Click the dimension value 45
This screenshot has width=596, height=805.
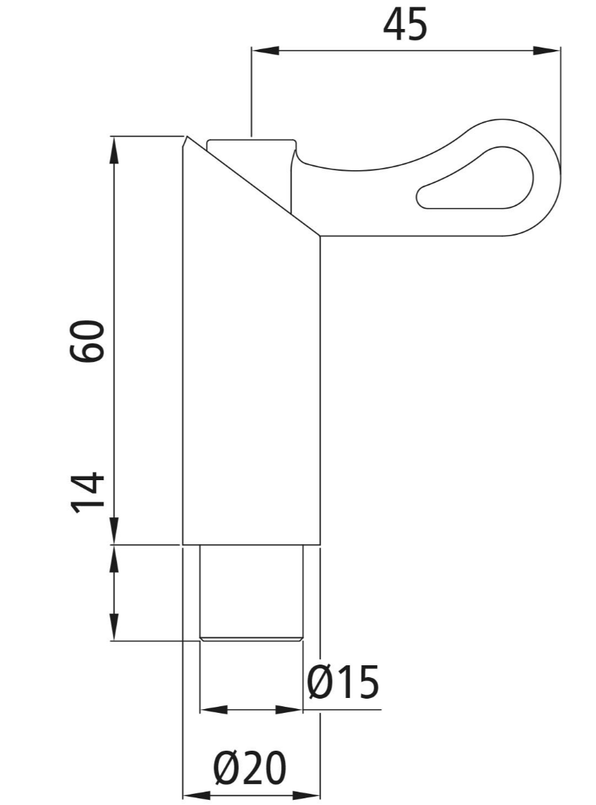tap(405, 25)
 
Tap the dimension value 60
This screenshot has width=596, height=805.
tap(87, 341)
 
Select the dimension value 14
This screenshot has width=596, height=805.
tap(87, 492)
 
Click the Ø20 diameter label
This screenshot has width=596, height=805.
tap(250, 768)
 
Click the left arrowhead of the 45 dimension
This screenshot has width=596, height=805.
tap(265, 51)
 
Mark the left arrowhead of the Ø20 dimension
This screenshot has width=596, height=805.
tap(196, 795)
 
